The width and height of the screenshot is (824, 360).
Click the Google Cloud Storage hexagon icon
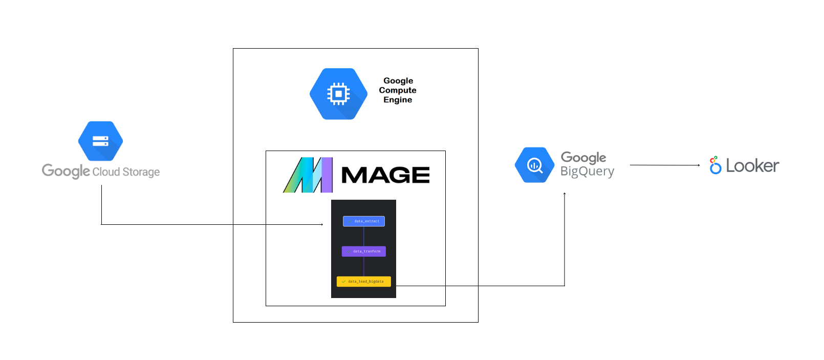click(100, 141)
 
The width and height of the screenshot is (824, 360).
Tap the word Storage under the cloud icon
click(141, 172)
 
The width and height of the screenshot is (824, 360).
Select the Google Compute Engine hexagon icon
click(338, 94)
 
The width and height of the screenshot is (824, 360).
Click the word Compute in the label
click(398, 90)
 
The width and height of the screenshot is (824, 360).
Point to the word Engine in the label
click(398, 100)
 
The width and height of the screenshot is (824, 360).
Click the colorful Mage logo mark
click(308, 175)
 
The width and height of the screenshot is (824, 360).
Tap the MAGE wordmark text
click(385, 175)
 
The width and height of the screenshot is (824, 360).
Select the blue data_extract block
click(364, 221)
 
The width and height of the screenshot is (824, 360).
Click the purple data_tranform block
click(364, 251)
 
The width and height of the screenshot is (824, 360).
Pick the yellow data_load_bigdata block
click(364, 281)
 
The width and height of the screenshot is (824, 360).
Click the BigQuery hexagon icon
click(534, 165)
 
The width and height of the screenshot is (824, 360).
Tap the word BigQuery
click(587, 172)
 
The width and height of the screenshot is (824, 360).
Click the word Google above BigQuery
click(583, 157)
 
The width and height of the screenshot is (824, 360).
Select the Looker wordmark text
click(752, 166)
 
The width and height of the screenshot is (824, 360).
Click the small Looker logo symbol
click(715, 165)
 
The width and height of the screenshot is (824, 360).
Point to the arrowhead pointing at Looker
click(699, 165)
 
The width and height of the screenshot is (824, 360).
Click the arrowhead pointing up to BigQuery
click(565, 194)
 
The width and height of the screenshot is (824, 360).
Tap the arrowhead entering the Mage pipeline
click(322, 224)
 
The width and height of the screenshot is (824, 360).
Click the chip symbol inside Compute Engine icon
click(338, 94)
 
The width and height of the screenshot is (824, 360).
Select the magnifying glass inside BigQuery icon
click(535, 165)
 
